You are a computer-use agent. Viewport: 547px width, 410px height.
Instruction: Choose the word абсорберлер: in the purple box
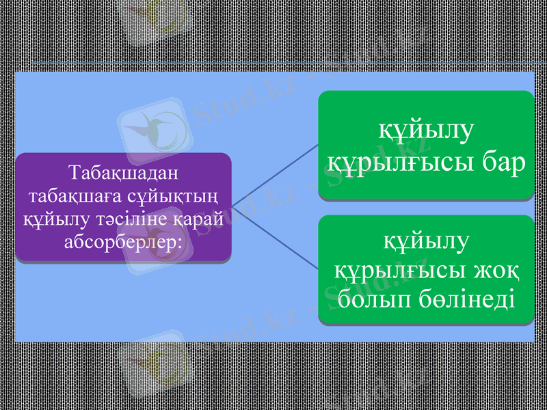123,242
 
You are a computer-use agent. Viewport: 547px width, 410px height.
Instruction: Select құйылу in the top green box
425,130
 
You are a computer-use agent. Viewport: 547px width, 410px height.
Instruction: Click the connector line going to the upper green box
273,175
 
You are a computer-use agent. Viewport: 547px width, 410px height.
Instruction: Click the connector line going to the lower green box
273,236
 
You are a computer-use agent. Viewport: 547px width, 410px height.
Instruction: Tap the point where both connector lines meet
232,206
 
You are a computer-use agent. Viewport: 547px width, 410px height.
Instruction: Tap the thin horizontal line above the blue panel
273,64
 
